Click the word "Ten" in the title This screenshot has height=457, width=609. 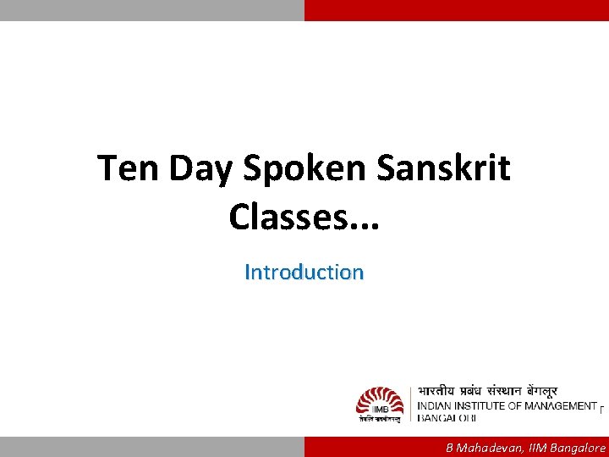[x=129, y=168]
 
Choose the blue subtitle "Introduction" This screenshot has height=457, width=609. [x=304, y=273]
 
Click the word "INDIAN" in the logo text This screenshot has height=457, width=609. [x=438, y=406]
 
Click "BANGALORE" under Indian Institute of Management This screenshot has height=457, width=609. [x=447, y=418]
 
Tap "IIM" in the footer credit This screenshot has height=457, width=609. [x=535, y=448]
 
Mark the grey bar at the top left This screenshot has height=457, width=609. [x=152, y=10]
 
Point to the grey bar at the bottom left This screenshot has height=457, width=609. [x=152, y=447]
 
